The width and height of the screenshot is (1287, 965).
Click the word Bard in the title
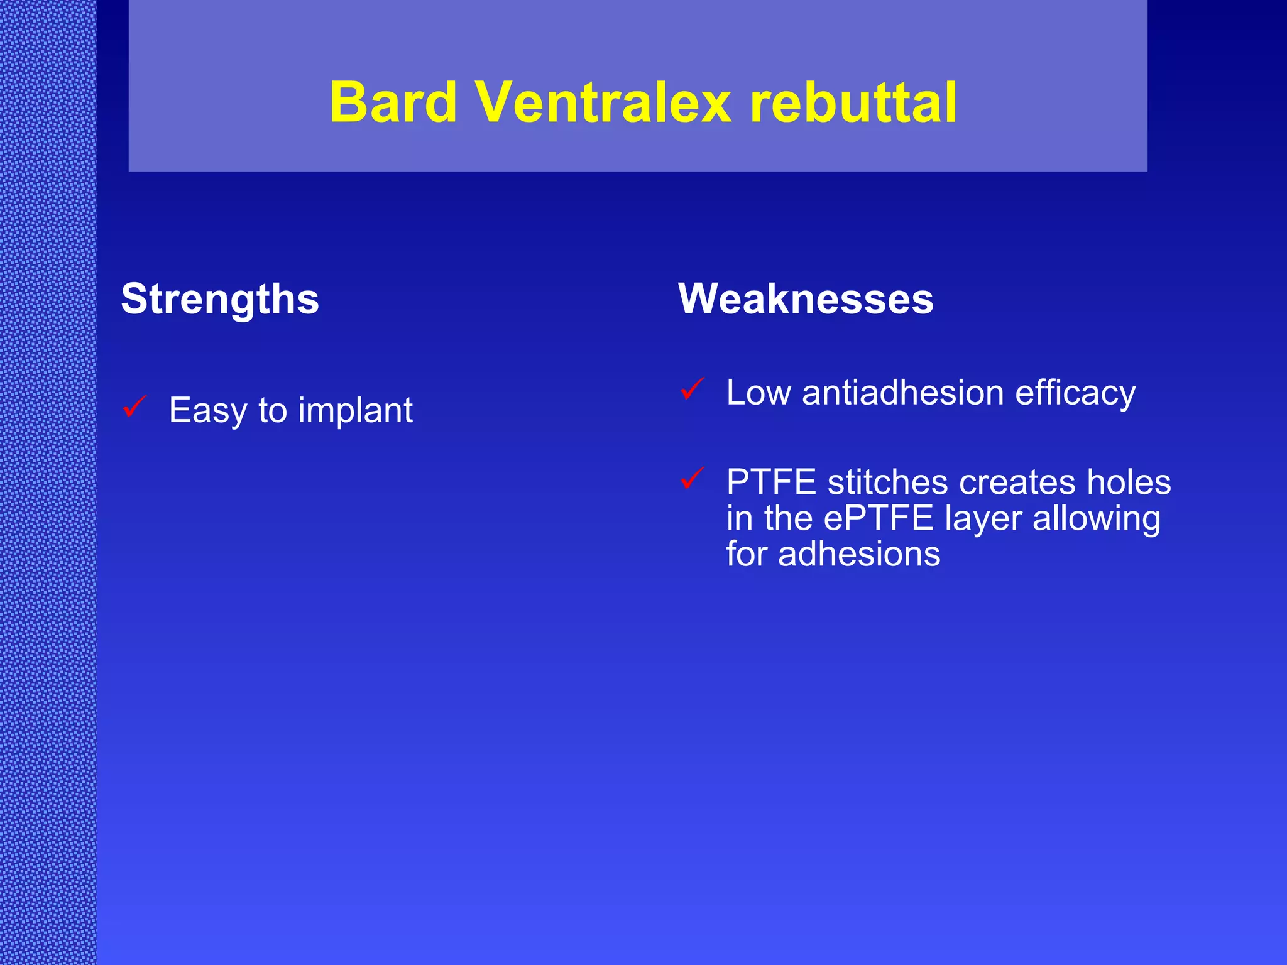pyautogui.click(x=393, y=102)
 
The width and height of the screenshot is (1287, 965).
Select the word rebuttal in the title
pyautogui.click(x=853, y=102)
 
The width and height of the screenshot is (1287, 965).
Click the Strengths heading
pyautogui.click(x=220, y=299)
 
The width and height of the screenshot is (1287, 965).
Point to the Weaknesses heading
pyautogui.click(x=806, y=299)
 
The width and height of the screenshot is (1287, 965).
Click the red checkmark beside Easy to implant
pyautogui.click(x=135, y=406)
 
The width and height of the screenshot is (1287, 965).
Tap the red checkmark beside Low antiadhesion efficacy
pyautogui.click(x=693, y=389)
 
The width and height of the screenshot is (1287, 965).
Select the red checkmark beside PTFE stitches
pyautogui.click(x=693, y=479)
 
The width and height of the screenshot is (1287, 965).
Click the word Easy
pyautogui.click(x=208, y=411)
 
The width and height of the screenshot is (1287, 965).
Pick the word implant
pyautogui.click(x=355, y=411)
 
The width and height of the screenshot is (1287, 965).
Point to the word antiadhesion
pyautogui.click(x=903, y=393)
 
